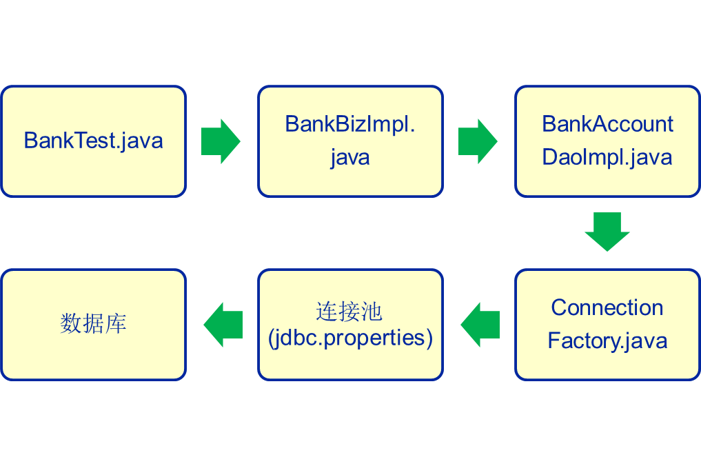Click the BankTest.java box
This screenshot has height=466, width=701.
93,141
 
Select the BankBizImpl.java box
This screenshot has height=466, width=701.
350,141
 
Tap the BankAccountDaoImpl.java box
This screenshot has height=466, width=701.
607,141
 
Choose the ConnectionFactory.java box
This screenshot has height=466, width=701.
607,324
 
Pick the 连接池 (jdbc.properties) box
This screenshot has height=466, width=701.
350,324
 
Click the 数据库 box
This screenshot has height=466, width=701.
93,324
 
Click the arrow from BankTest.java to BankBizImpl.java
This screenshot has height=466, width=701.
221,141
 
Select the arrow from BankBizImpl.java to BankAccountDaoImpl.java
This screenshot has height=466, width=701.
478,141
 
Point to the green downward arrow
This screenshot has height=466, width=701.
607,232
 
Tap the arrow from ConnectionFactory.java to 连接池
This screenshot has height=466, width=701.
480,324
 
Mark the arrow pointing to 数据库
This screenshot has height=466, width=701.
223,324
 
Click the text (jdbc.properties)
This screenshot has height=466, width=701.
350,338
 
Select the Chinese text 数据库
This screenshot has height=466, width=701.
93,324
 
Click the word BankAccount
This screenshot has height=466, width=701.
607,124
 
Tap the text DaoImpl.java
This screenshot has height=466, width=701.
607,157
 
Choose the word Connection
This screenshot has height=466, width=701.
607,307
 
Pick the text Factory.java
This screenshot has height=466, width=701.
607,341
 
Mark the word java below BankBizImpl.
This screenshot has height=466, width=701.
350,157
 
